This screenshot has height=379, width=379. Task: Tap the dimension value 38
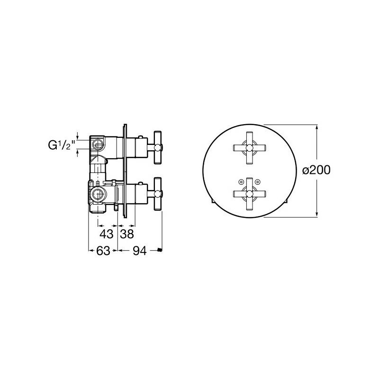coord(127,234)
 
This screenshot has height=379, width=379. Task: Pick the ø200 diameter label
coord(316,171)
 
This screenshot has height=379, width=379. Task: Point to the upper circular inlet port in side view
coord(99,144)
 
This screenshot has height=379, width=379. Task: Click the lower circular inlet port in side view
coord(98,193)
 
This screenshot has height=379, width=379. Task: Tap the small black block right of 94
coord(160,250)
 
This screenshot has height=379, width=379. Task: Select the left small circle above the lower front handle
coord(240,181)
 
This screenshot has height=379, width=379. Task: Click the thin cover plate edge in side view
coord(124,171)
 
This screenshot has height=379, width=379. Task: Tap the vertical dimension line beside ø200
coord(316,199)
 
